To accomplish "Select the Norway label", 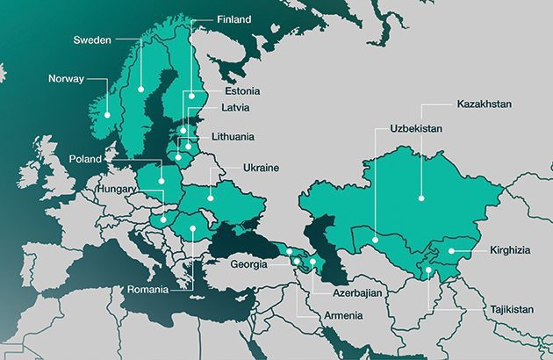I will (x=67, y=79).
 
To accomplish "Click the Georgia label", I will (x=250, y=263).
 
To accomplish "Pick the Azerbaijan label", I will (x=357, y=291).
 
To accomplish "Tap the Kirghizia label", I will (x=508, y=250).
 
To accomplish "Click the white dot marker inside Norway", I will (x=108, y=114).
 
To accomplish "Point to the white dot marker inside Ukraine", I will (x=211, y=198).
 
